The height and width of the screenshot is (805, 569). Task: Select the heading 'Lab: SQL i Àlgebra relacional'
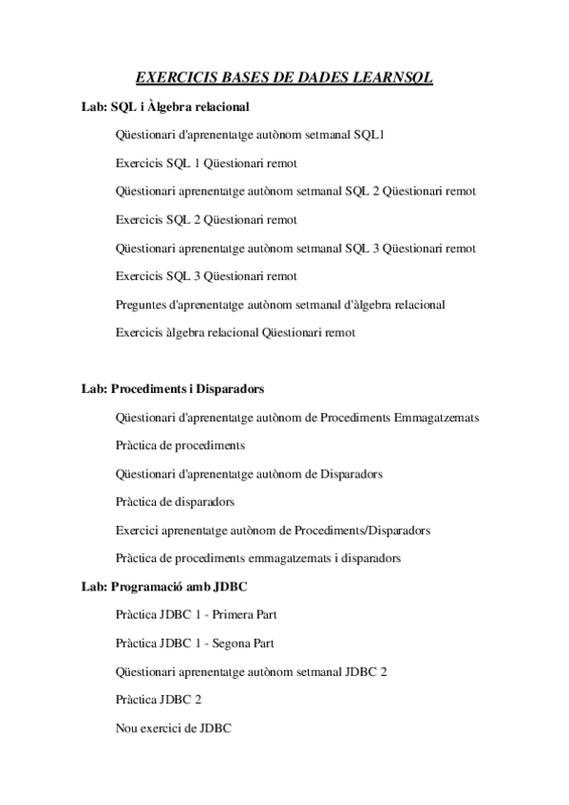(166, 107)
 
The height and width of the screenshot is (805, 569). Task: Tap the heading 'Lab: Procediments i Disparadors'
(173, 389)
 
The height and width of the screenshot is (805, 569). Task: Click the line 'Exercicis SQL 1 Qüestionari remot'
(206, 163)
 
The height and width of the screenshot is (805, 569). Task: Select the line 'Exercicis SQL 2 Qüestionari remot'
(206, 220)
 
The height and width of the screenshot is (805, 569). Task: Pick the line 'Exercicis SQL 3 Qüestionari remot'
(206, 276)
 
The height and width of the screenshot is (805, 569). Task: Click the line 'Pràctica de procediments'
(180, 445)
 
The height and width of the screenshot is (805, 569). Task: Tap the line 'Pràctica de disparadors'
(175, 501)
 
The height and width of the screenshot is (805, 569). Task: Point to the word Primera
(232, 615)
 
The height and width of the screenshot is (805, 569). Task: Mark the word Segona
(232, 644)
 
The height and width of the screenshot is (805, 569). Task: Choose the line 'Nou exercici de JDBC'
(173, 728)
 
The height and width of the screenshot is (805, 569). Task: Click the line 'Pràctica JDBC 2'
(158, 700)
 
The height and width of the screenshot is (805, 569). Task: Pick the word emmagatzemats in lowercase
(296, 558)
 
